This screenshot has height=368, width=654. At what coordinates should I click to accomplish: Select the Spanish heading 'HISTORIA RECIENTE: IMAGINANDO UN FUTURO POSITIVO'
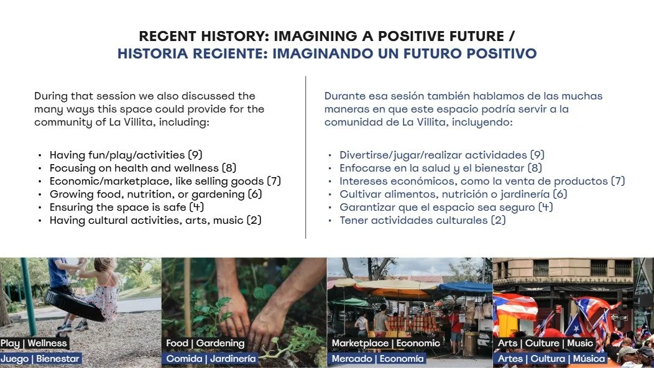[327, 53]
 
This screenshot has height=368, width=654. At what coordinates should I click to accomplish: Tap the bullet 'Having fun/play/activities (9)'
[126, 155]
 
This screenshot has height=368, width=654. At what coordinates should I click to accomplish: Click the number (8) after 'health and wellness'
[229, 168]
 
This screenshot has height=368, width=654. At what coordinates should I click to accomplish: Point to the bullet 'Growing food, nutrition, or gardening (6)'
[156, 194]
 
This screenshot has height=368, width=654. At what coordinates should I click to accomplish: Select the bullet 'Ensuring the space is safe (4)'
[127, 207]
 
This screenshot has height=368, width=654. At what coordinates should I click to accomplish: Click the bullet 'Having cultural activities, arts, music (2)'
[155, 220]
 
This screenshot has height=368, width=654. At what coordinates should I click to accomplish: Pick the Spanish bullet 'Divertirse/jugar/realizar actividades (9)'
[442, 155]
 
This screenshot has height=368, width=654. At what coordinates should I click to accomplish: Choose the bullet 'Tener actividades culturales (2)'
[422, 220]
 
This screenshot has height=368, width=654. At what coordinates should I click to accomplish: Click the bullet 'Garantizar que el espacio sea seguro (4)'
[446, 207]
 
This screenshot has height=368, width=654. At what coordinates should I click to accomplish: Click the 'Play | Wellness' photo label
[34, 343]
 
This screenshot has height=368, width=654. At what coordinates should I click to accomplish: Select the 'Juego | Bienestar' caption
[40, 359]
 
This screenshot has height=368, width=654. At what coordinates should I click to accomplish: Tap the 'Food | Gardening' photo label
[205, 343]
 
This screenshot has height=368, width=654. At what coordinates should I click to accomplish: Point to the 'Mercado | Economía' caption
[378, 359]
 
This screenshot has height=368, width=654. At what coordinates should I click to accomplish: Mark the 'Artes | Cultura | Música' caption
[551, 359]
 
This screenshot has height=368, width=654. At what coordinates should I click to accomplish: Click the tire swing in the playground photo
[73, 305]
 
